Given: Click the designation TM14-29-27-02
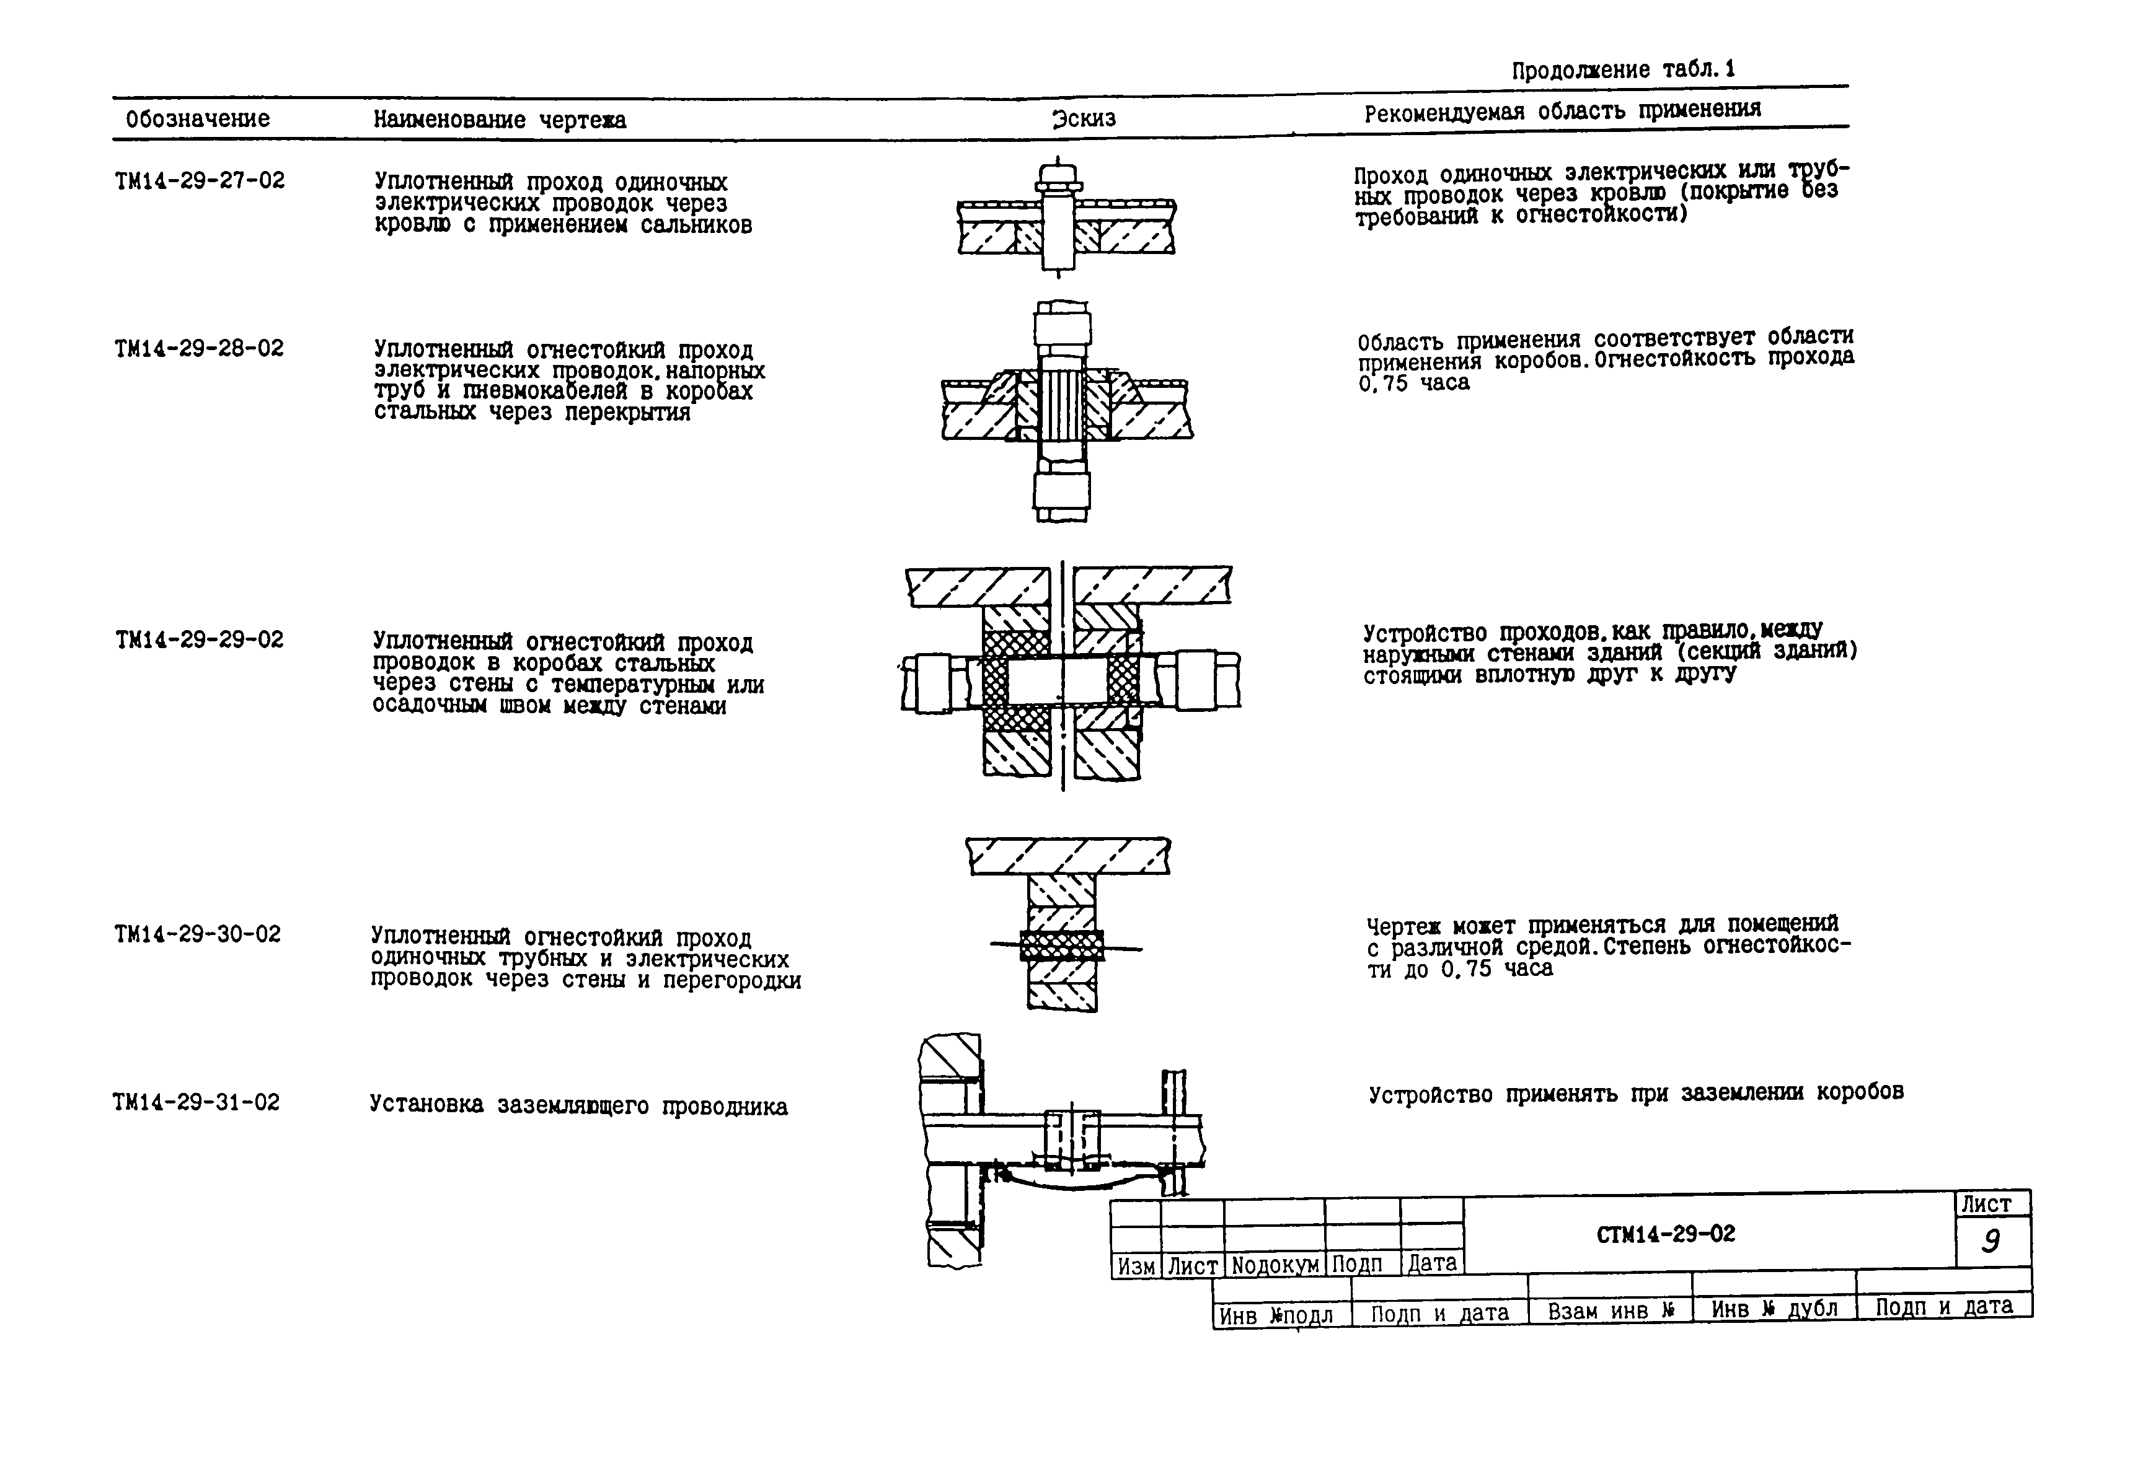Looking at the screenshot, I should (200, 180).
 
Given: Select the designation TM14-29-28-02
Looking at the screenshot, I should (200, 348).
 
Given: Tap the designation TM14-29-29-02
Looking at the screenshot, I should (200, 639).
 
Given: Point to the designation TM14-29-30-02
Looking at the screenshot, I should (198, 934).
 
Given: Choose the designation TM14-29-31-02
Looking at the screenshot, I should (196, 1101).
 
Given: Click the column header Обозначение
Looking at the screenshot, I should (198, 118).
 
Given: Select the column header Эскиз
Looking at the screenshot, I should (1084, 118).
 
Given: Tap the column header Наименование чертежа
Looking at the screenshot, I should (499, 120).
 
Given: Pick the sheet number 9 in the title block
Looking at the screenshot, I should (1991, 1242).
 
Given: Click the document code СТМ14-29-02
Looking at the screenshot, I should (1666, 1234).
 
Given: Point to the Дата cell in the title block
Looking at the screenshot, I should (1431, 1263).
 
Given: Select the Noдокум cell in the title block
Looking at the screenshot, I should (1275, 1265).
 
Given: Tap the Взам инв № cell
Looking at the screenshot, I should (1611, 1310).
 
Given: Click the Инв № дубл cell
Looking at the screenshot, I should (1774, 1309).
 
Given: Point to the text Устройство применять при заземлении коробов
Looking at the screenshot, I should (1636, 1092).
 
